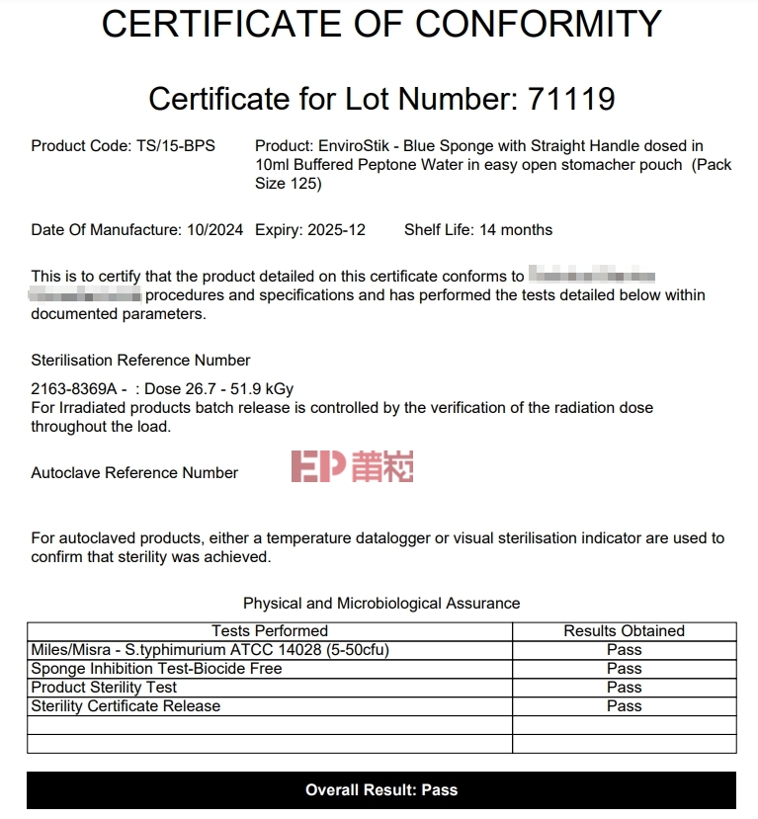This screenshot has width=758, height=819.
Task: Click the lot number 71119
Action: [571, 99]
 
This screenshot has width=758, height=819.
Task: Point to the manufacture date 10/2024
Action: [214, 230]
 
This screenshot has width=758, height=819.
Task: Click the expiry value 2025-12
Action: [337, 230]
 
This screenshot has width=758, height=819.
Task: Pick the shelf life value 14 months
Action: [516, 230]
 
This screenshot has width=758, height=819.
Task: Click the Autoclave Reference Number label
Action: [134, 473]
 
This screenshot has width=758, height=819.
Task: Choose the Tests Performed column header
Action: [270, 631]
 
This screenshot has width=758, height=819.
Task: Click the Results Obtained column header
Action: [624, 631]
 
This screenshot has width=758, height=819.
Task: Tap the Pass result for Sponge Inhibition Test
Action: [624, 669]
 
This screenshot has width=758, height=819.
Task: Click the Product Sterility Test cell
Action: [104, 688]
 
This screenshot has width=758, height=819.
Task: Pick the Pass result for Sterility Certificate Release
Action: [624, 706]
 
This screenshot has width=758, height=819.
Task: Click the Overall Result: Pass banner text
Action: [381, 790]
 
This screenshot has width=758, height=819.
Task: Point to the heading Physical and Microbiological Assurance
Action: [381, 604]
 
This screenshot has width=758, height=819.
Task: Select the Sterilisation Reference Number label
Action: [140, 361]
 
